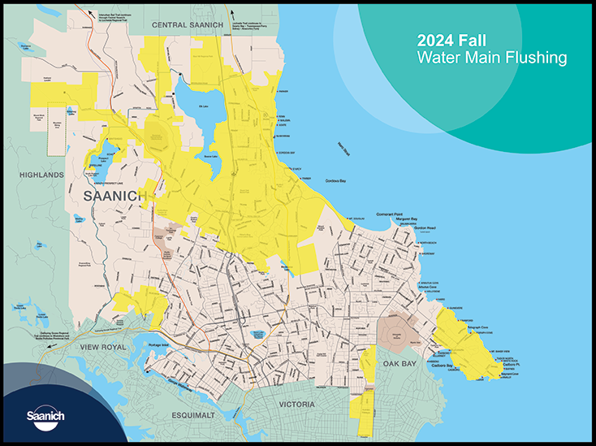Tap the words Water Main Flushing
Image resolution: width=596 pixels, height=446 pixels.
491,58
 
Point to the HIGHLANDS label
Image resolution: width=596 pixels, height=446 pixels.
43,175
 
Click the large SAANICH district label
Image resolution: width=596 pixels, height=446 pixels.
114,197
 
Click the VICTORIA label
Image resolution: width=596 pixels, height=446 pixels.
302,404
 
